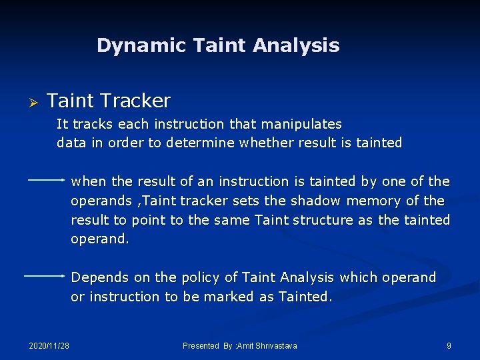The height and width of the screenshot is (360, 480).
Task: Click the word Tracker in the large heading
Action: click(137, 101)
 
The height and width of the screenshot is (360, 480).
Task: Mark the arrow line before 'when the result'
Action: click(46, 180)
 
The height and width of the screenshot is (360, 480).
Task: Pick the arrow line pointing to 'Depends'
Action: click(46, 275)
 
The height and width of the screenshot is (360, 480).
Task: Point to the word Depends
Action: click(95, 277)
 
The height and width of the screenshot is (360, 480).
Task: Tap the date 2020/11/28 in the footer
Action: click(49, 345)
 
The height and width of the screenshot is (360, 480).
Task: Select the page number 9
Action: click(449, 345)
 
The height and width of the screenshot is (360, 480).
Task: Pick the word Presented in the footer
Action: click(201, 345)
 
